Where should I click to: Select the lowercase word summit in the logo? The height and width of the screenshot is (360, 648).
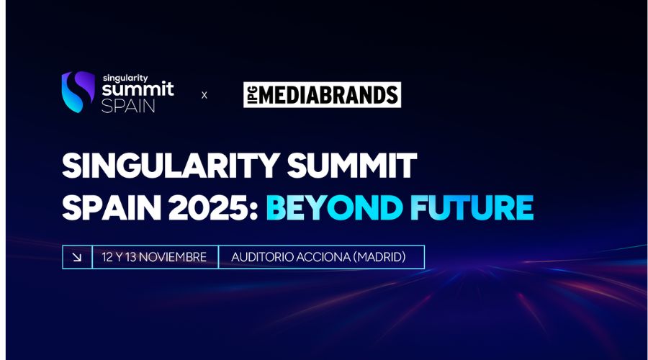(x=137, y=91)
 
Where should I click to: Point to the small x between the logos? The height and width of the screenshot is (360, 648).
(x=204, y=94)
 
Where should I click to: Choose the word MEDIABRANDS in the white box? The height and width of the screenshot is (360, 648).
(x=328, y=94)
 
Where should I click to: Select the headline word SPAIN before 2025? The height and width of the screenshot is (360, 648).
(x=106, y=207)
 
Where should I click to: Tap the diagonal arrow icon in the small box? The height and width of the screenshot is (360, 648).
(x=77, y=257)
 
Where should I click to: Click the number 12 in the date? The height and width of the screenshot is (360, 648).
(x=108, y=257)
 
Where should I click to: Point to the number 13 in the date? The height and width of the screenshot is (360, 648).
(x=132, y=257)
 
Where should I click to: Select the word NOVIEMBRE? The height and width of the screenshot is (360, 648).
(x=175, y=257)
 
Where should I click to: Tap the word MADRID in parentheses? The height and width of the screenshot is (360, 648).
(x=382, y=257)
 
